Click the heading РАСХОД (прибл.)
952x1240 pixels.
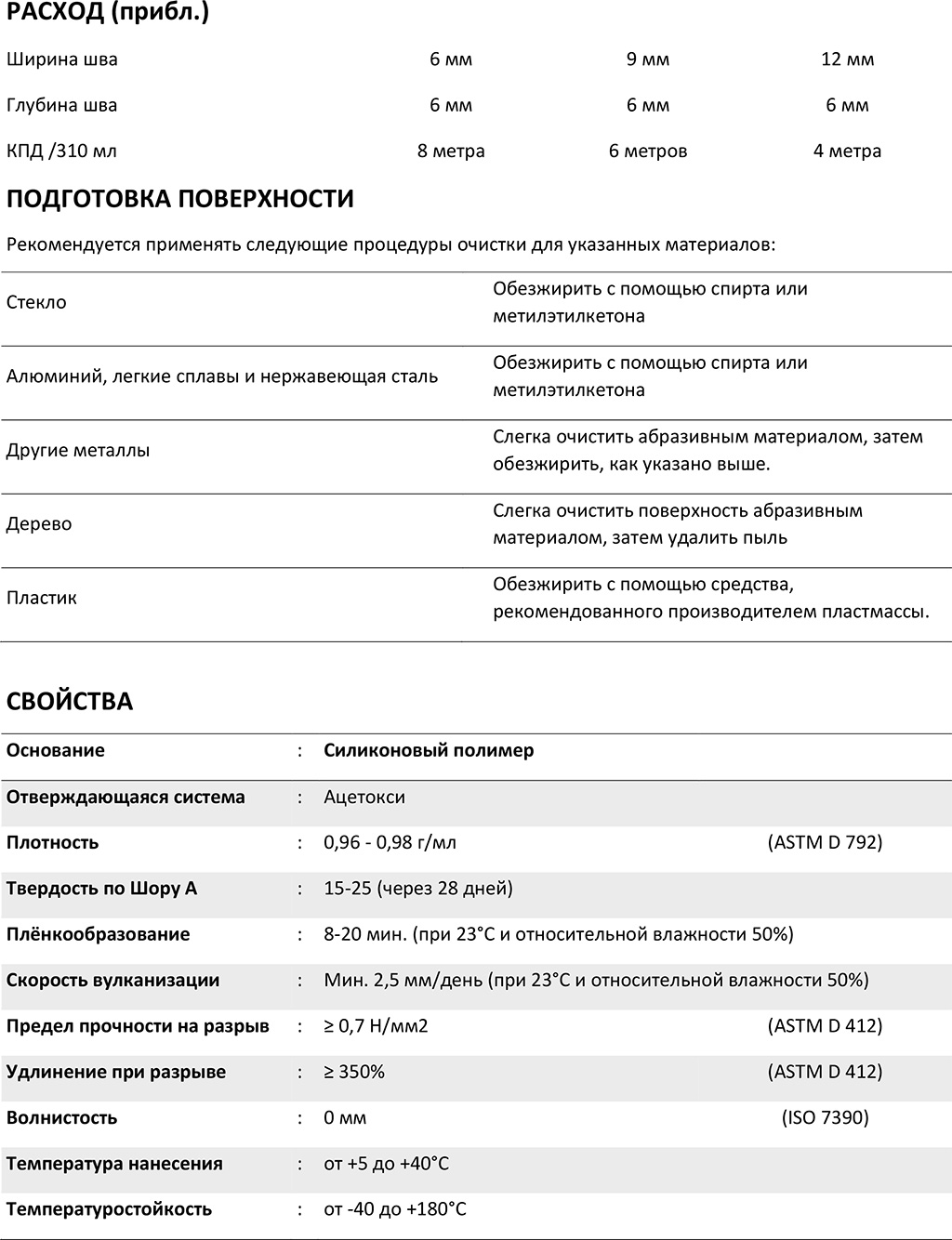[x=107, y=14]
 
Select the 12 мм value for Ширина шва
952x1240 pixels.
[x=847, y=59]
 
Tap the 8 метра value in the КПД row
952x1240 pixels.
[x=451, y=151]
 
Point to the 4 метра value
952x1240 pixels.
[x=847, y=151]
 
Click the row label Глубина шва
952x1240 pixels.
[x=61, y=105]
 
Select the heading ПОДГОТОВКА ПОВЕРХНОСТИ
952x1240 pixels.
[x=179, y=199]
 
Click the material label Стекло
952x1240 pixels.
[x=36, y=302]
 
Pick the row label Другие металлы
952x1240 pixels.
[x=78, y=450]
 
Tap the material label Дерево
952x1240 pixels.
[x=39, y=523]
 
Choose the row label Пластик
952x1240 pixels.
[x=42, y=598]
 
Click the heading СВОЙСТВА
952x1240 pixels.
[x=70, y=702]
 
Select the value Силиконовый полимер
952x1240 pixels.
[x=429, y=750]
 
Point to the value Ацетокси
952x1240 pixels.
[x=364, y=797]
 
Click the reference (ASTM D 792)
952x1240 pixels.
[x=825, y=842]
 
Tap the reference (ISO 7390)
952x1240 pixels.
[x=825, y=1117]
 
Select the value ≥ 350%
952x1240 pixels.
[x=354, y=1072]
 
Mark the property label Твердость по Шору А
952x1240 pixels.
[x=101, y=888]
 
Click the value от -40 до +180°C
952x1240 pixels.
[x=395, y=1209]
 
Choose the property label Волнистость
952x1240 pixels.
[x=62, y=1117]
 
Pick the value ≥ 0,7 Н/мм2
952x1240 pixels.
[x=376, y=1026]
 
